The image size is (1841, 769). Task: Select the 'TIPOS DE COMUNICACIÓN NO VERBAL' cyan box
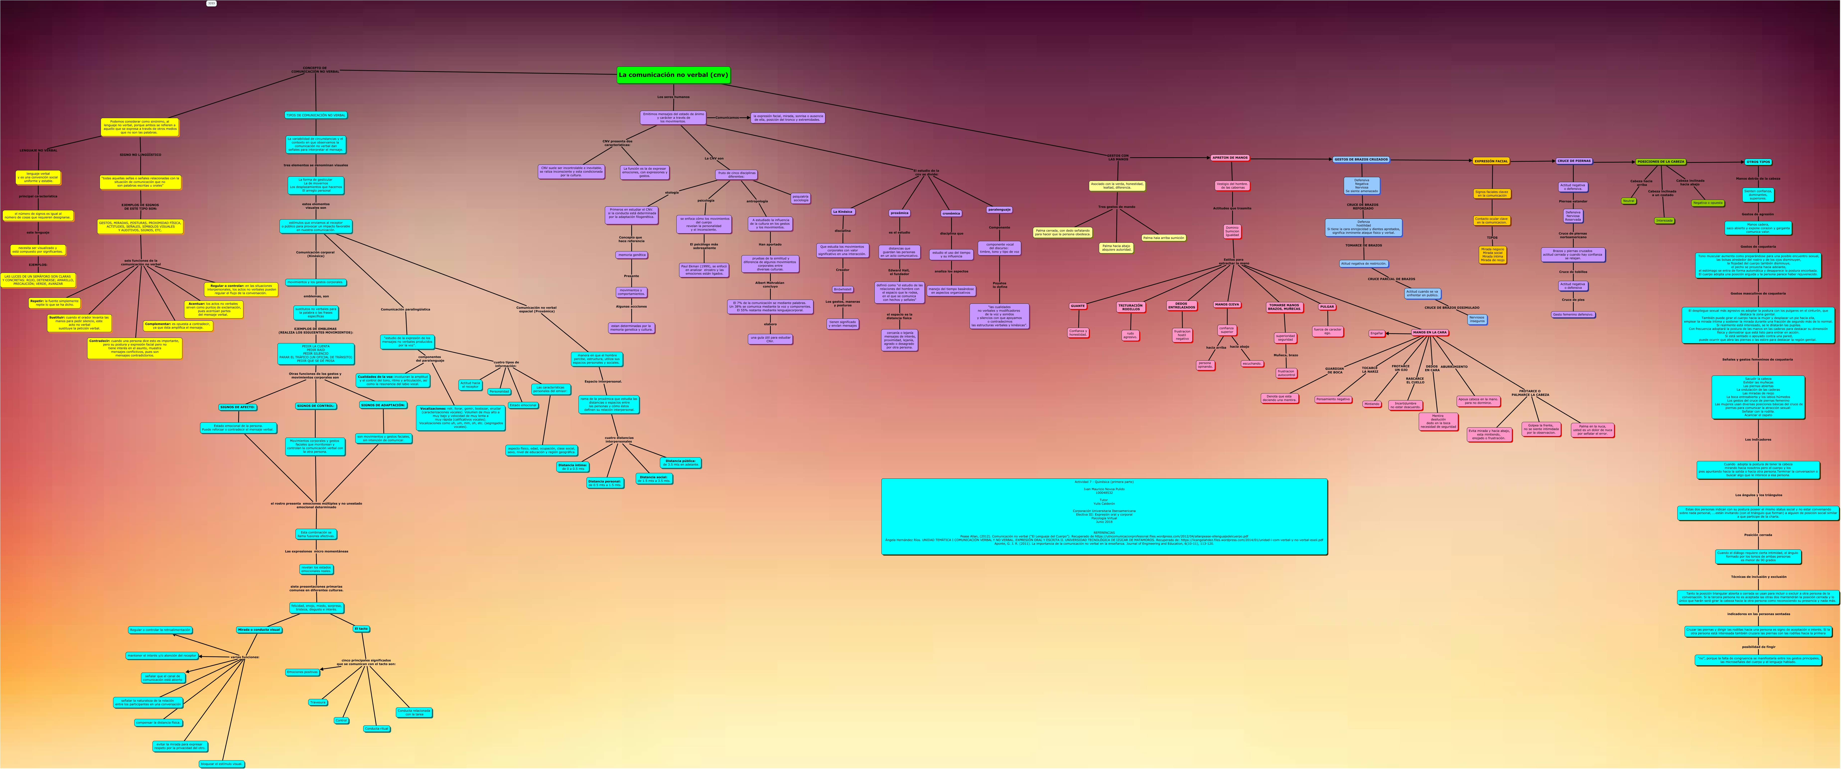pos(315,115)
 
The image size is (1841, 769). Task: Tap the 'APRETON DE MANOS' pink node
pos(1230,158)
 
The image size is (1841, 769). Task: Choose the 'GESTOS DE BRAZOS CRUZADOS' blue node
pos(1361,159)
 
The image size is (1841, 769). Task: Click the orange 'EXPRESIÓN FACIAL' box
pos(1491,161)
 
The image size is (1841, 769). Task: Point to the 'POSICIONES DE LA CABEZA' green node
pos(1660,161)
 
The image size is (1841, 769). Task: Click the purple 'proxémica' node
pos(899,213)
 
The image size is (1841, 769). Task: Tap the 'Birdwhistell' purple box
pos(843,290)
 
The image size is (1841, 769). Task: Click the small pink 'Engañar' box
pos(1376,333)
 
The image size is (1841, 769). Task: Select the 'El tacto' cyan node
pos(361,630)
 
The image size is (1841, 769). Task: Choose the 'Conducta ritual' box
pos(377,729)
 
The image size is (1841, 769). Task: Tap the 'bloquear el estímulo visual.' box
pos(221,764)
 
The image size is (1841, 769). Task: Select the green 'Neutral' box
pos(1629,202)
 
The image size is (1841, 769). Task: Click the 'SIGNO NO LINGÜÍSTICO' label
pos(140,154)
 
